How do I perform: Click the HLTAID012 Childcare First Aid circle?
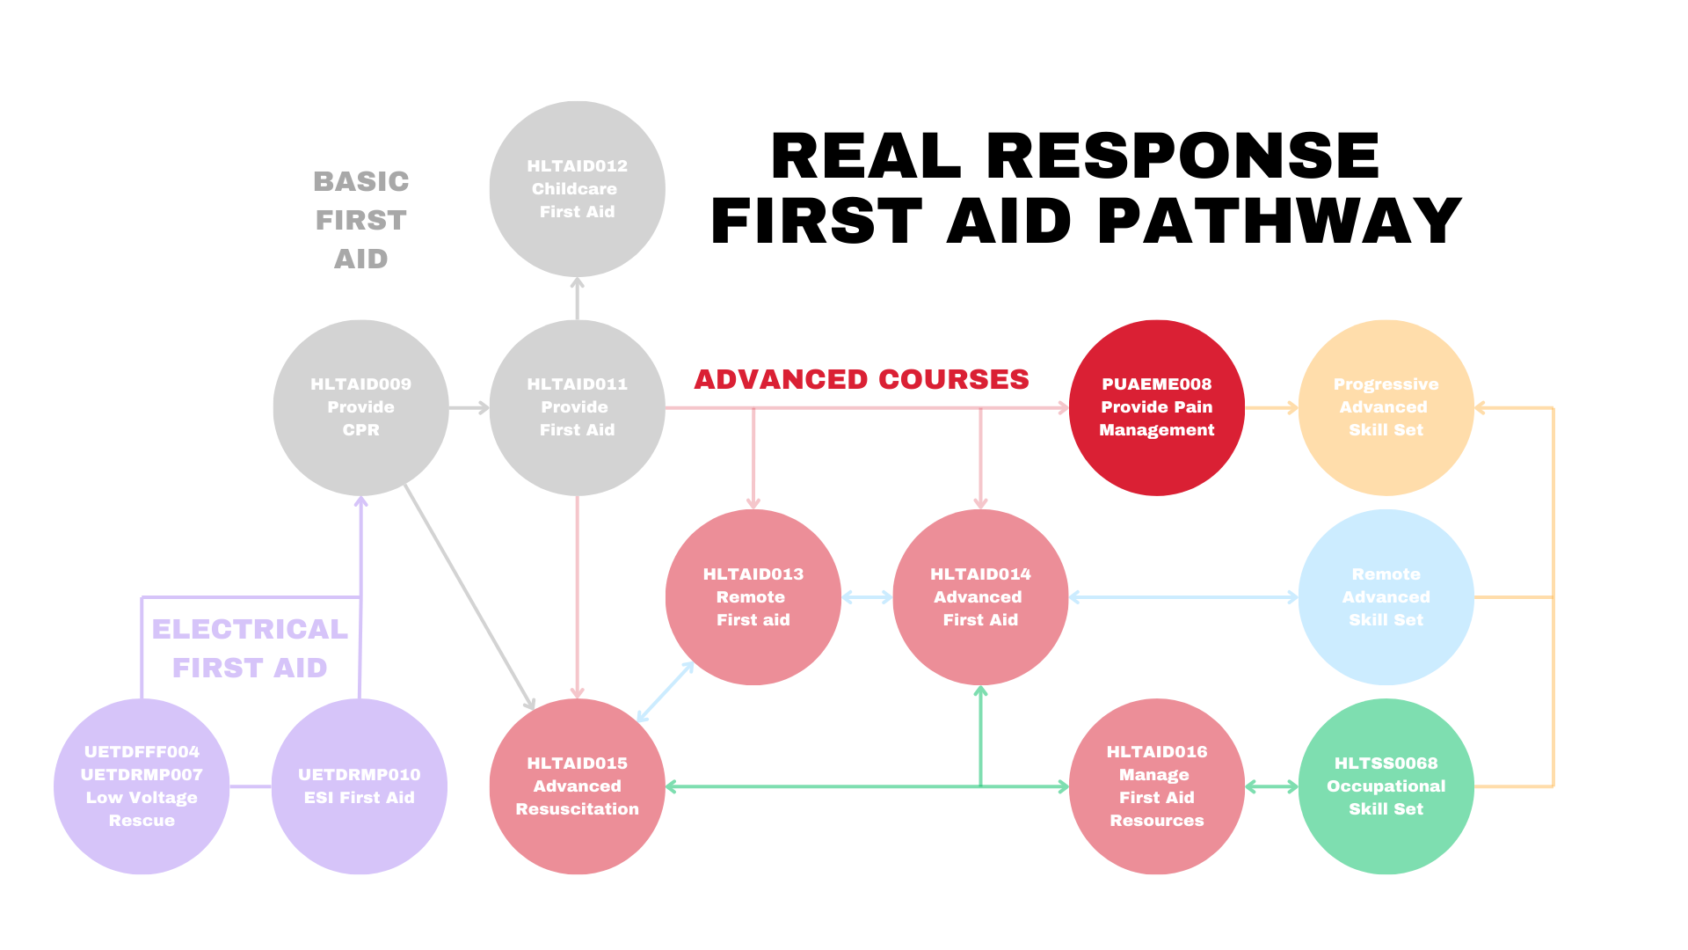click(x=577, y=189)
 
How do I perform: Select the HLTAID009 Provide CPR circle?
click(x=360, y=407)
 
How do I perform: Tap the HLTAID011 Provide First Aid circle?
click(x=577, y=407)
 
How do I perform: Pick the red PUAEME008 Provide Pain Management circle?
click(x=1156, y=407)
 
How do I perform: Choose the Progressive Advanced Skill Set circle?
click(x=1386, y=407)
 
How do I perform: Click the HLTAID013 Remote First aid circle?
click(x=753, y=597)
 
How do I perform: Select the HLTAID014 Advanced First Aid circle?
click(x=980, y=597)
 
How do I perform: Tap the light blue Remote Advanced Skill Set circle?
click(x=1386, y=597)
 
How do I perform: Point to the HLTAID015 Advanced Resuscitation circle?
click(x=577, y=786)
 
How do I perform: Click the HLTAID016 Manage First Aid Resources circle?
click(x=1156, y=786)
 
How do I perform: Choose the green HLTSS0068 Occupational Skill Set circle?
click(x=1386, y=786)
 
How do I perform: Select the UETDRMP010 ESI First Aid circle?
click(x=360, y=786)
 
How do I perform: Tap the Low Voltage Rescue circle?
click(x=142, y=786)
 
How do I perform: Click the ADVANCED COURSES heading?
click(x=861, y=379)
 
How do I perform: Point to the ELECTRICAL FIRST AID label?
click(x=250, y=648)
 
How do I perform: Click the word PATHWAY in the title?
click(x=1279, y=221)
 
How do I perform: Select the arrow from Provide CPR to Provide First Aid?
click(x=469, y=408)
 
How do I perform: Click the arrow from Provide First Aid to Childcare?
click(x=577, y=298)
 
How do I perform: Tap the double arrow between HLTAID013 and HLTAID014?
click(x=867, y=597)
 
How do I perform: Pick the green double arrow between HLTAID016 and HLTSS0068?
click(x=1271, y=786)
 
